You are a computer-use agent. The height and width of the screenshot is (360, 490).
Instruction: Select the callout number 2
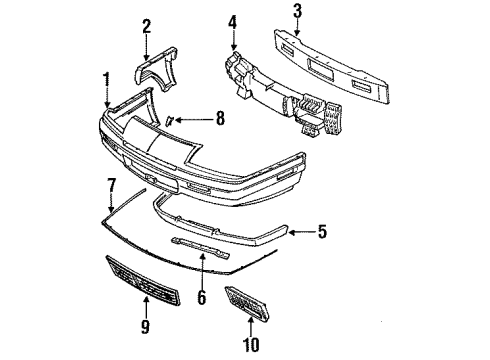(146, 26)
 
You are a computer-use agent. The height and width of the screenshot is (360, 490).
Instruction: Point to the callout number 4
(232, 21)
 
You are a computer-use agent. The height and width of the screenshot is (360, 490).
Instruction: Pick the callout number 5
(321, 234)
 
